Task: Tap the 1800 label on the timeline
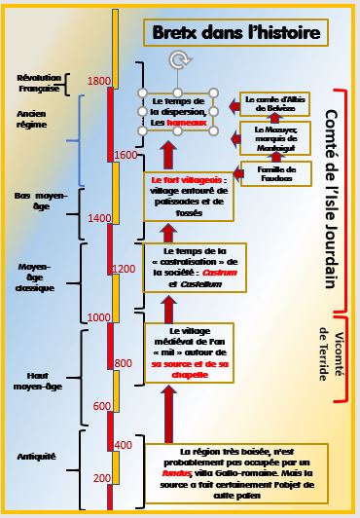tap(98, 81)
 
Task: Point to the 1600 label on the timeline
tap(125, 155)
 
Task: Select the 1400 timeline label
tap(98, 218)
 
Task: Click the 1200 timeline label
tap(125, 268)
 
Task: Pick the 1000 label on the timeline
tap(98, 317)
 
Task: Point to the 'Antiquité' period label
tap(36, 456)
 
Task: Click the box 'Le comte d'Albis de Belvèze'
tap(274, 104)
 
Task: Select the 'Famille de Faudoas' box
tap(276, 173)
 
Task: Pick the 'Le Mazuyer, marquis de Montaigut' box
tap(275, 137)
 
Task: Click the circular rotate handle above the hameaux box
tap(176, 60)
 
